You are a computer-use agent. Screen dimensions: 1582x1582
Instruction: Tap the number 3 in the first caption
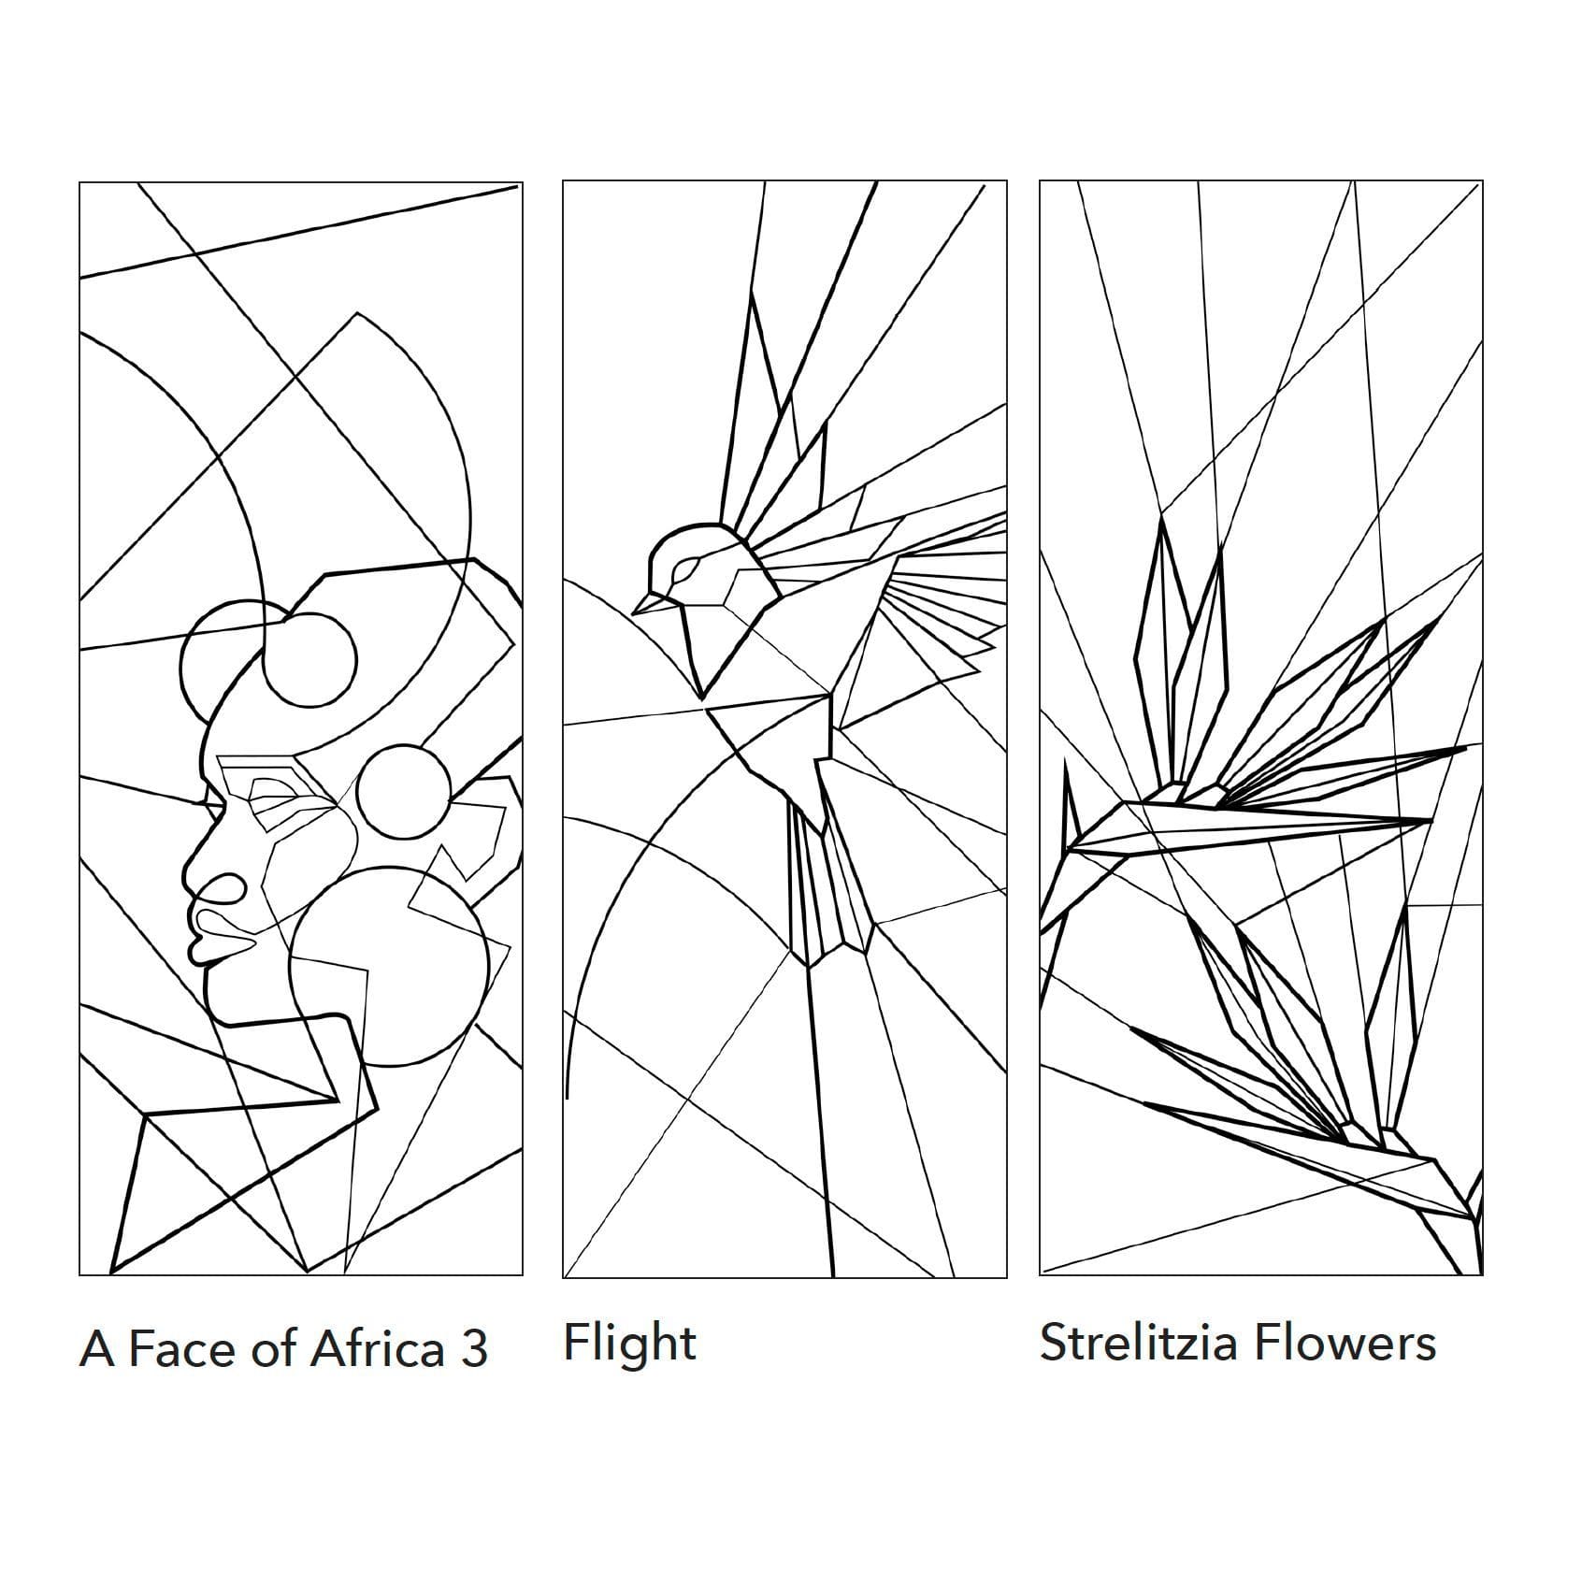[474, 1349]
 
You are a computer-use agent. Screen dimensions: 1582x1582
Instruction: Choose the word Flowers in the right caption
[1345, 1343]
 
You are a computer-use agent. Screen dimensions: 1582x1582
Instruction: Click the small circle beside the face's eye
[403, 791]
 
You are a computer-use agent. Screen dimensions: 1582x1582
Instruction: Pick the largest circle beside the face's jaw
[389, 966]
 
